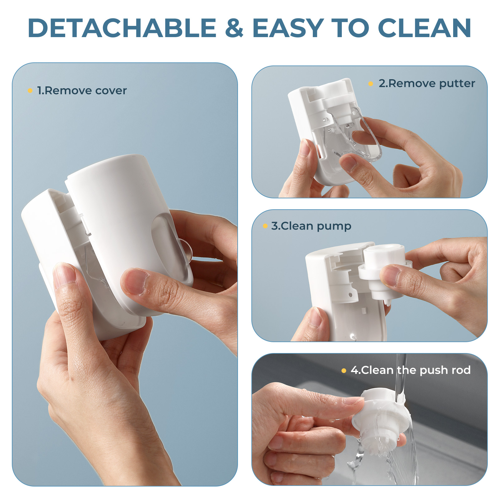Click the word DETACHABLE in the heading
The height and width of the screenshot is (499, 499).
pyautogui.click(x=122, y=28)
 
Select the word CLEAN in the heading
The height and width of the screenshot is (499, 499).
pyautogui.click(x=424, y=28)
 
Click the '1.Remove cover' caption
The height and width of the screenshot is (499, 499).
pyautogui.click(x=82, y=90)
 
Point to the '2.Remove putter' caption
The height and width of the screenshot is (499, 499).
pyautogui.click(x=427, y=84)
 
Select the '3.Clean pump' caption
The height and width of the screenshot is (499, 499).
pyautogui.click(x=311, y=226)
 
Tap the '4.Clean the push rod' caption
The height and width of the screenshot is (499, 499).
pyautogui.click(x=410, y=370)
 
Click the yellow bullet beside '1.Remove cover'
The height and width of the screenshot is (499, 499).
pyautogui.click(x=30, y=91)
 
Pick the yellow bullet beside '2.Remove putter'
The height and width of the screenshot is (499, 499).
pyautogui.click(x=371, y=84)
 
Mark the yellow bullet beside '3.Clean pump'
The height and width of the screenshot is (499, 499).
pyautogui.click(x=265, y=226)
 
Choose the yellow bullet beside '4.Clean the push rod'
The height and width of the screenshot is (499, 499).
pyautogui.click(x=344, y=371)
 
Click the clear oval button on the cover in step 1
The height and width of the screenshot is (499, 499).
pyautogui.click(x=170, y=246)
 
